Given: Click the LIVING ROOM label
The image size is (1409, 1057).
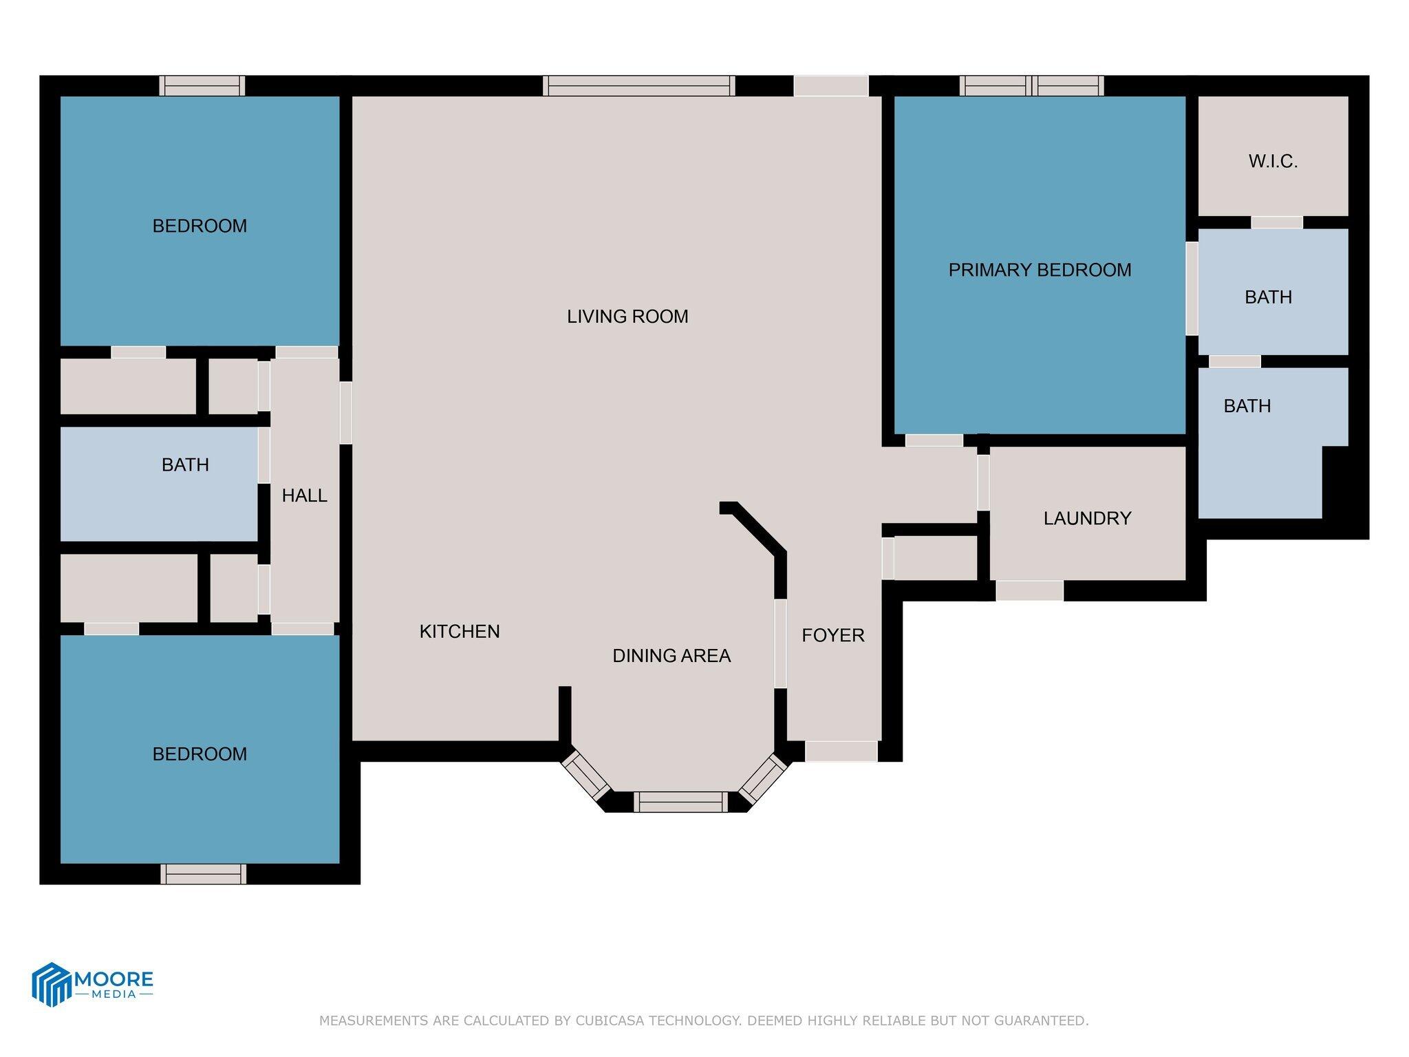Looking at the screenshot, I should tap(627, 317).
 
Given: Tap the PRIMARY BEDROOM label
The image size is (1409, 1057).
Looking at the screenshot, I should tap(1039, 270).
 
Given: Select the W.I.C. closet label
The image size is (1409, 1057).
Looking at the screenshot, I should tap(1273, 162).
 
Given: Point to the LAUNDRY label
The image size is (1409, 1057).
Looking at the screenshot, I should tap(1087, 518).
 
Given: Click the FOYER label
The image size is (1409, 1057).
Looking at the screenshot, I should tap(832, 635).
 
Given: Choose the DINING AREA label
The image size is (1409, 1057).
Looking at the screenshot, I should tap(671, 656).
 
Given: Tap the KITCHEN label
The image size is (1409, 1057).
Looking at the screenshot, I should tap(460, 632).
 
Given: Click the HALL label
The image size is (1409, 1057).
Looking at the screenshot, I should tap(304, 495).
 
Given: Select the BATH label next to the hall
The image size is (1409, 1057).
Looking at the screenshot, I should tap(185, 465).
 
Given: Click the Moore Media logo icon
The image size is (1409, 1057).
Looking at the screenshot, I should tap(52, 984).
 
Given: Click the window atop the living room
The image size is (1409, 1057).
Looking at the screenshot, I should tap(638, 86).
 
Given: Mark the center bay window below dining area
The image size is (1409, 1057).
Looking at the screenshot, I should tap(680, 802).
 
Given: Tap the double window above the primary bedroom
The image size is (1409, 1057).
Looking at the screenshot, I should tap(1032, 86).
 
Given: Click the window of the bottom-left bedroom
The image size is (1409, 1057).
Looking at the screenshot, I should tap(203, 874).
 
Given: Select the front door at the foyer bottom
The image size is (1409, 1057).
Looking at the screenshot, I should tap(841, 751).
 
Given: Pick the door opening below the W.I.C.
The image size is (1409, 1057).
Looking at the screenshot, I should tap(1276, 222).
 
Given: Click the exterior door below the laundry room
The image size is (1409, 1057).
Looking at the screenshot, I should tap(1029, 590).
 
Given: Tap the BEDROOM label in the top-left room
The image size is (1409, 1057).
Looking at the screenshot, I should tap(200, 226).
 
